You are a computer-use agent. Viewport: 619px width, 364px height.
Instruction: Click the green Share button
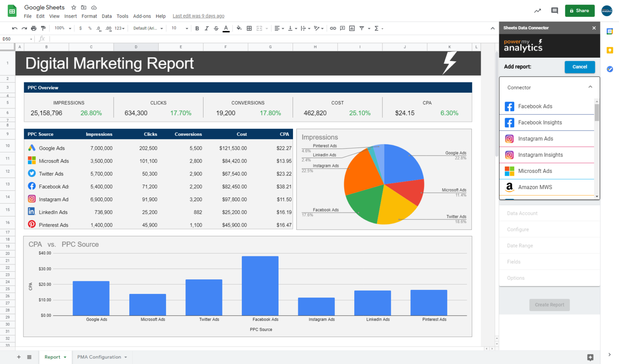point(580,11)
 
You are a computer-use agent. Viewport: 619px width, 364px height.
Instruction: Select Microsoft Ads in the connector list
point(535,171)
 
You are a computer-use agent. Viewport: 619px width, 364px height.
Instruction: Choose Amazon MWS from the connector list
point(535,187)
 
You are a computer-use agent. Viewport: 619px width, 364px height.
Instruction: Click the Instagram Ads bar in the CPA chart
point(316,306)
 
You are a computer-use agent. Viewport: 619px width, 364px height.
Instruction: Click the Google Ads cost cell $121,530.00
point(233,148)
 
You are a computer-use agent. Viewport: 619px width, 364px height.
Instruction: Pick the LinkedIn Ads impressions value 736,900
point(104,212)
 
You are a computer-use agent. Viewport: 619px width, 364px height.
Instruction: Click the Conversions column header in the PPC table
point(188,134)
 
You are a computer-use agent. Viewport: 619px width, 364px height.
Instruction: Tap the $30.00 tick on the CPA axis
point(45,269)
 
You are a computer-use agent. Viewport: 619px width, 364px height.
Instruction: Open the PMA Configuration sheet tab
point(99,357)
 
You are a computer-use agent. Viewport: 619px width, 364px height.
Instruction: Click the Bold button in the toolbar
point(197,28)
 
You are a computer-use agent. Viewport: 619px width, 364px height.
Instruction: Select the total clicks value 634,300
point(136,113)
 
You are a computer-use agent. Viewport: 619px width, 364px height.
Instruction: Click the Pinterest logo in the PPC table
point(32,225)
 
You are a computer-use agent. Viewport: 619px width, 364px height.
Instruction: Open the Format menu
point(89,16)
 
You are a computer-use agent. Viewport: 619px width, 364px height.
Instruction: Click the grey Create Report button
point(549,305)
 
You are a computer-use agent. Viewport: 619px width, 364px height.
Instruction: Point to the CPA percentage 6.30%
point(449,113)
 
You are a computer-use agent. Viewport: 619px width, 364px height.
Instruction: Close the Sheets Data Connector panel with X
point(594,28)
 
